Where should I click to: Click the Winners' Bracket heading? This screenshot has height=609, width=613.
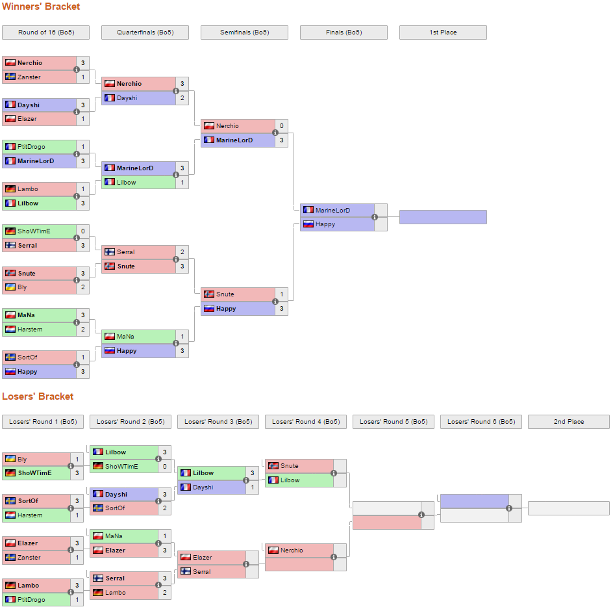[x=41, y=6]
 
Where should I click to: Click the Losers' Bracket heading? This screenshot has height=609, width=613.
[x=38, y=396]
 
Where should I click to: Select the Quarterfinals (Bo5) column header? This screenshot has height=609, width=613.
[x=145, y=32]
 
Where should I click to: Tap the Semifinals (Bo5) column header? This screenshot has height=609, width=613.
[x=244, y=32]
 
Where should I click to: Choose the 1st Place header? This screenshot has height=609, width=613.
[x=443, y=32]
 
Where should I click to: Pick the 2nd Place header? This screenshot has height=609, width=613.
[x=568, y=422]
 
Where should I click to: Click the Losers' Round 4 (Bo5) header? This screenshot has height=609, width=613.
[x=305, y=422]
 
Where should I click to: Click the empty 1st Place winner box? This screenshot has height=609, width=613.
[x=443, y=217]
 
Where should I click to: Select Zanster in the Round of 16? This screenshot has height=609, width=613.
[x=29, y=77]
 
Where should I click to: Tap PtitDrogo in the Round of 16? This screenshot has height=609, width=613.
[x=32, y=147]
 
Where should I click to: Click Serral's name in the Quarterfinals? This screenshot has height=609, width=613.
[x=126, y=252]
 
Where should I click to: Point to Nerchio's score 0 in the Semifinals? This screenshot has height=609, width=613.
[x=281, y=126]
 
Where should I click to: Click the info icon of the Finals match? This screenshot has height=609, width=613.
[x=375, y=217]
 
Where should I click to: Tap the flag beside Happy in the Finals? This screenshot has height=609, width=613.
[x=308, y=224]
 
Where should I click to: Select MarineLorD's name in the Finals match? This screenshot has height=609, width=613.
[x=332, y=210]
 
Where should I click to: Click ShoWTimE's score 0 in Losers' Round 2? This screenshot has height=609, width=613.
[x=164, y=466]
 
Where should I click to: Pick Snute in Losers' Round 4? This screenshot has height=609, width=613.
[x=290, y=466]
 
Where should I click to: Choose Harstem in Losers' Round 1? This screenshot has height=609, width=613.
[x=30, y=515]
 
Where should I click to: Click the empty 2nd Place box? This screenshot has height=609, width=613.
[x=568, y=508]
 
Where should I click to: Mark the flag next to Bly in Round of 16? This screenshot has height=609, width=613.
[x=10, y=287]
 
